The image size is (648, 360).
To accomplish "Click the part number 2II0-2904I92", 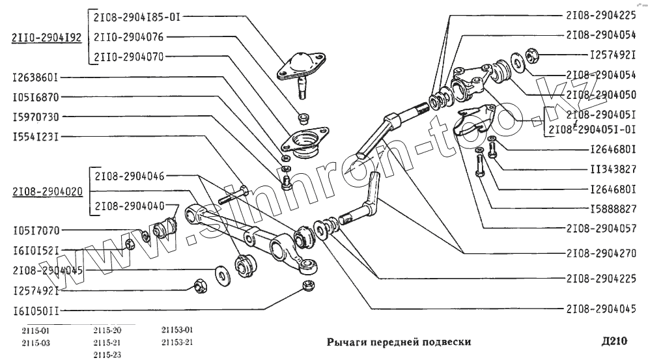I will [46, 38].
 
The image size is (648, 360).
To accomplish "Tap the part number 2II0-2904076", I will [128, 38].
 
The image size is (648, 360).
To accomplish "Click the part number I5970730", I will [35, 117].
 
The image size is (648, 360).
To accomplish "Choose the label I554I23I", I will [35, 137].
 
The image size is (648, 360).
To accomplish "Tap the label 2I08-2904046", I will [129, 176].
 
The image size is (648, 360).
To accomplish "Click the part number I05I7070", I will [35, 230].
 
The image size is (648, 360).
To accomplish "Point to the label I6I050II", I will [35, 311].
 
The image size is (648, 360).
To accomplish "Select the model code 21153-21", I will [177, 342].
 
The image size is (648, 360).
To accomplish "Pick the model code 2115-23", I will [107, 354].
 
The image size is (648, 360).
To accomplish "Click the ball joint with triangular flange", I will [301, 68].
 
